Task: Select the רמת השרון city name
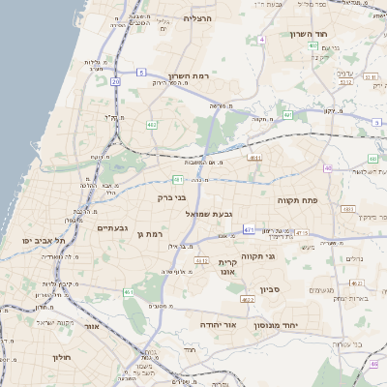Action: tap(190, 75)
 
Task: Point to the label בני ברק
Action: tap(171, 198)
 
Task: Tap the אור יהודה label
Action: tap(219, 326)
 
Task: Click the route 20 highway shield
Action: tap(116, 82)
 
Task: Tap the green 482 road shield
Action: tap(152, 125)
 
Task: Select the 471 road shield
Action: tap(249, 229)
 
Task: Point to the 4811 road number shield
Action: tap(255, 157)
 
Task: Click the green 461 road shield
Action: tap(129, 291)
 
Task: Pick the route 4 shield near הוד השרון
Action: tap(261, 40)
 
